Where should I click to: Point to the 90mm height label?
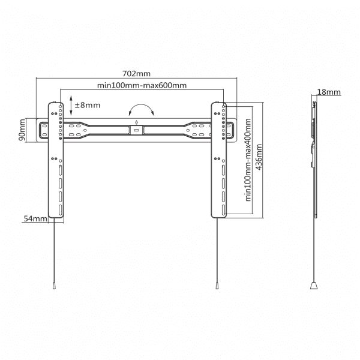coord(22,130)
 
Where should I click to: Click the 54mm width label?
coord(35,220)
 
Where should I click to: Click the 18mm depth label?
coord(329,92)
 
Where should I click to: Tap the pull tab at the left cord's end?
coord(54,287)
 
